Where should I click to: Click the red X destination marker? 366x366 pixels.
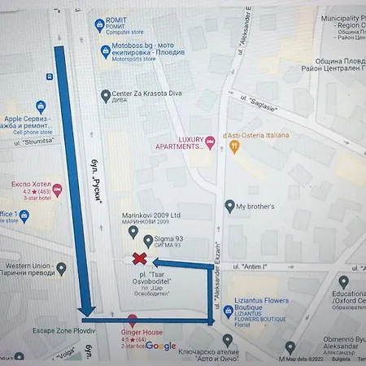click(x=140, y=259)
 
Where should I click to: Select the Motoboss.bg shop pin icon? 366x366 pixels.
click(x=105, y=52)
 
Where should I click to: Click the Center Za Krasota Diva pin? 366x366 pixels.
click(x=105, y=96)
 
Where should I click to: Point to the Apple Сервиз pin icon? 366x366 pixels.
click(x=41, y=106)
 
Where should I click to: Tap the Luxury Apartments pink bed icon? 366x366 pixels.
click(x=210, y=143)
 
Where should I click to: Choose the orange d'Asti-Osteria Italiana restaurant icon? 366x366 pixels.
click(x=234, y=146)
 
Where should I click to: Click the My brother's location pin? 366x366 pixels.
click(x=229, y=207)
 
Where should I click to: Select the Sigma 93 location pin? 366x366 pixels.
click(x=148, y=240)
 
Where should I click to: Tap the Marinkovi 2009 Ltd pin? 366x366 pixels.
click(x=134, y=232)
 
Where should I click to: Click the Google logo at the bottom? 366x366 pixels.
click(x=161, y=346)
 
